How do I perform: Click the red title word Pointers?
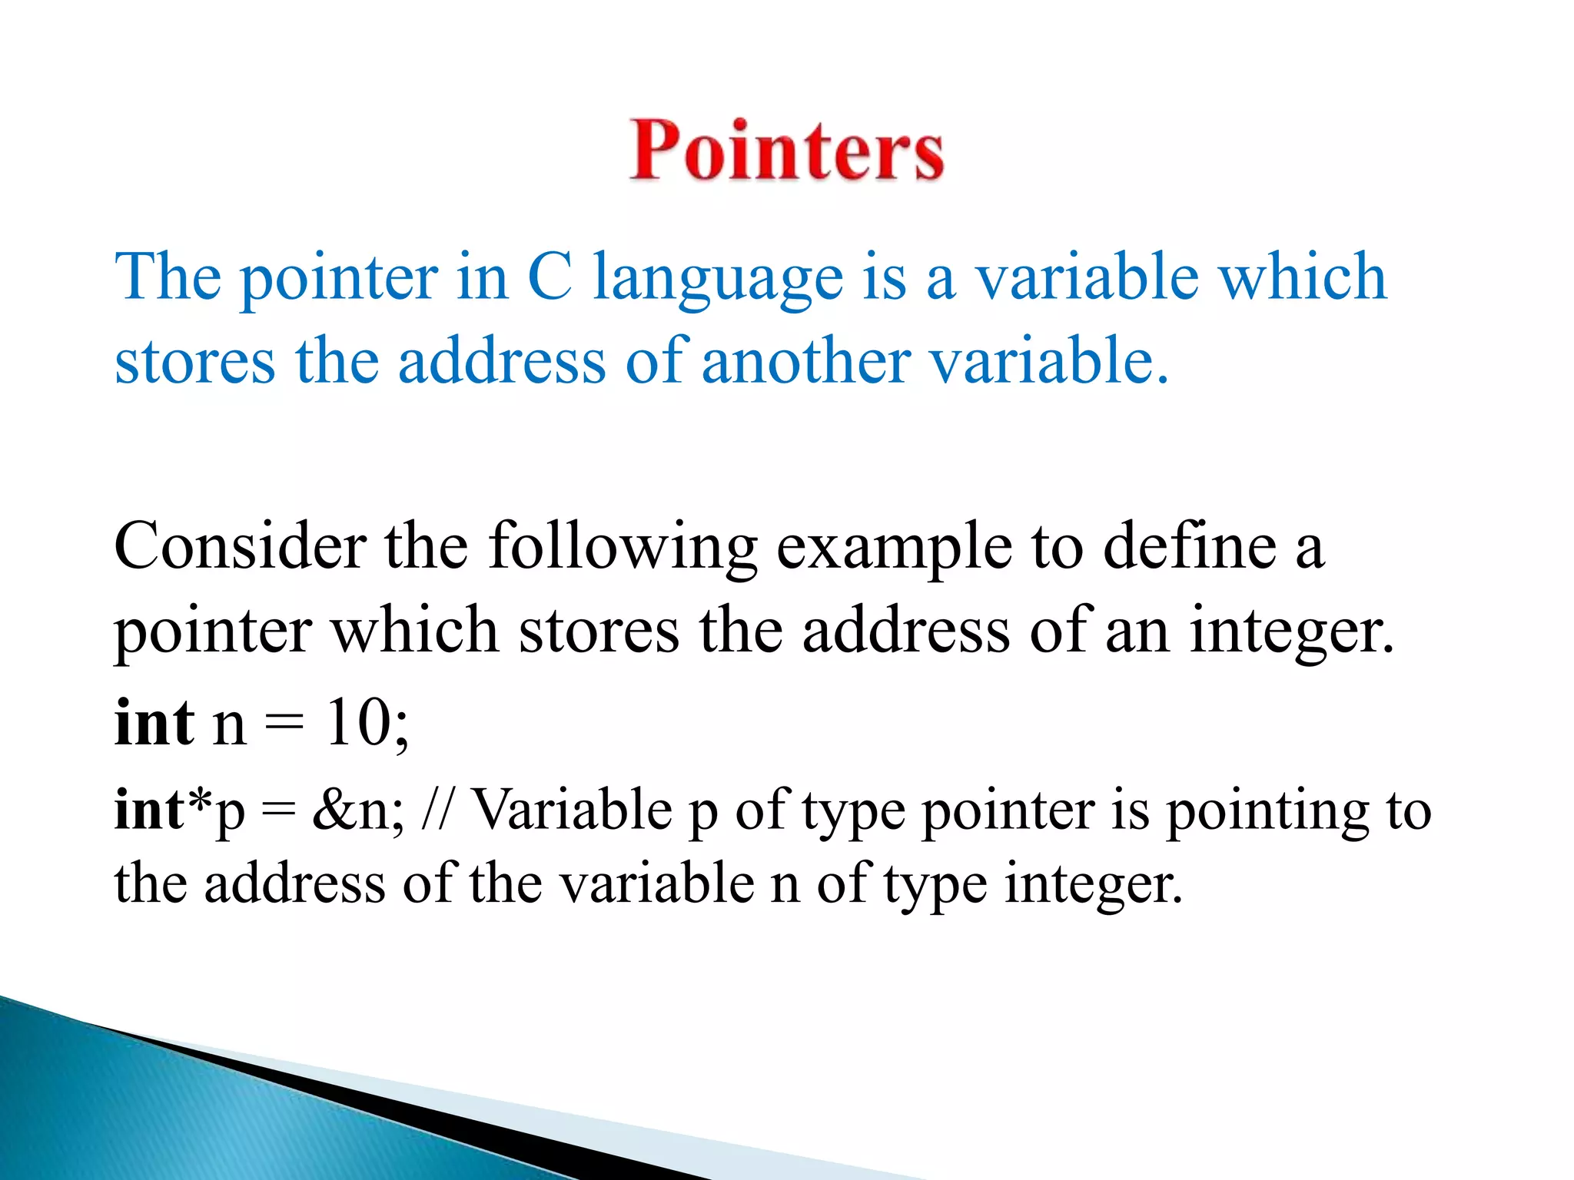pyautogui.click(x=786, y=151)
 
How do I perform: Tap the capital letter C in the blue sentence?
pyautogui.click(x=550, y=277)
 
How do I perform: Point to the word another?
pyautogui.click(x=806, y=361)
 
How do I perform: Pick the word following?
pyautogui.click(x=623, y=549)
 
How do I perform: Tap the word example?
pyautogui.click(x=894, y=549)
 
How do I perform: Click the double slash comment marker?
pyautogui.click(x=438, y=810)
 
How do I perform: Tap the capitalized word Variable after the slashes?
pyautogui.click(x=572, y=810)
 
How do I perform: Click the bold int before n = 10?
pyautogui.click(x=154, y=723)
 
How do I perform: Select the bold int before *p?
pyautogui.click(x=148, y=810)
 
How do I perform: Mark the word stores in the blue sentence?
pyautogui.click(x=194, y=361)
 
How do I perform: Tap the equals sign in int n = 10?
pyautogui.click(x=284, y=724)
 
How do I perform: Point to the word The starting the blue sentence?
pyautogui.click(x=168, y=277)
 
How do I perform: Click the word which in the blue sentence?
pyautogui.click(x=1303, y=277)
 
